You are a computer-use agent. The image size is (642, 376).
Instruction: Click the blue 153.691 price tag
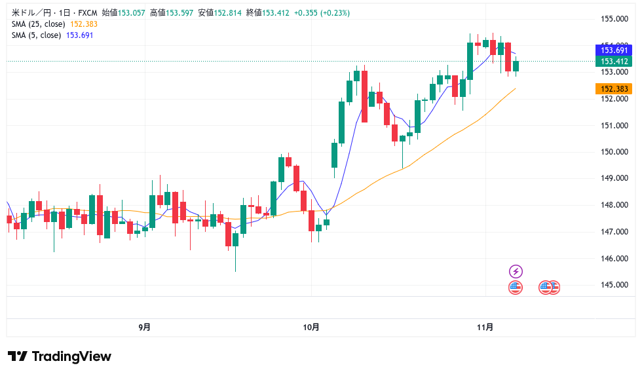[614, 50]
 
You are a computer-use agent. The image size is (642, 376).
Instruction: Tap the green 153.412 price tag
[614, 62]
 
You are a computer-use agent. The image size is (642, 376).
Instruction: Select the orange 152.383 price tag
[614, 89]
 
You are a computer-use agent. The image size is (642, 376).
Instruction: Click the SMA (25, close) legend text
[39, 24]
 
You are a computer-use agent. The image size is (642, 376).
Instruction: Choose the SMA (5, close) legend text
[36, 35]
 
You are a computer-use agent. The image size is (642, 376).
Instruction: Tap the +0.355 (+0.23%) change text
[322, 13]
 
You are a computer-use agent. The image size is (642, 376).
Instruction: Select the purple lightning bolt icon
[516, 271]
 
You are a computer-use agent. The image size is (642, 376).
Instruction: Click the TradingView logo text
[60, 356]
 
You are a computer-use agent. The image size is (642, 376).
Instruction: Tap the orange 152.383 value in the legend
[84, 24]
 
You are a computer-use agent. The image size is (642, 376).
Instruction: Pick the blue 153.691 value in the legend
[79, 35]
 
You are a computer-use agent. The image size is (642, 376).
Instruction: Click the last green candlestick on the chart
[516, 66]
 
